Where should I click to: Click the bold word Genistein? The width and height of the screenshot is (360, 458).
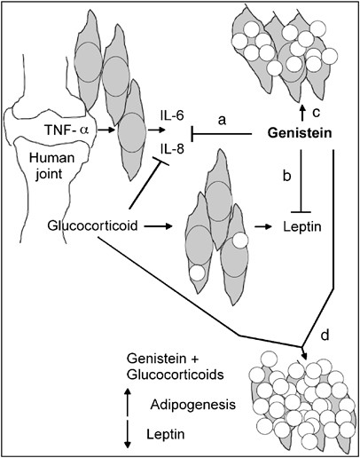(303, 134)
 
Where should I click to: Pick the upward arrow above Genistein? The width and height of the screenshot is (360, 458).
(303, 110)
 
